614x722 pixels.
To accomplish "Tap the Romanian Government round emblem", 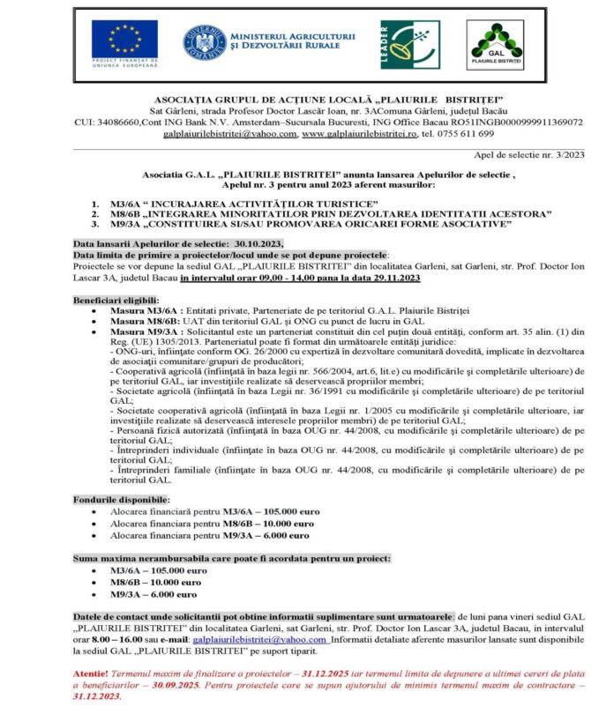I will point(204,41).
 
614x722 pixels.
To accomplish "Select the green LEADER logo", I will point(410,44).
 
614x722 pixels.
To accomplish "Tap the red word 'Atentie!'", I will point(94,673).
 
